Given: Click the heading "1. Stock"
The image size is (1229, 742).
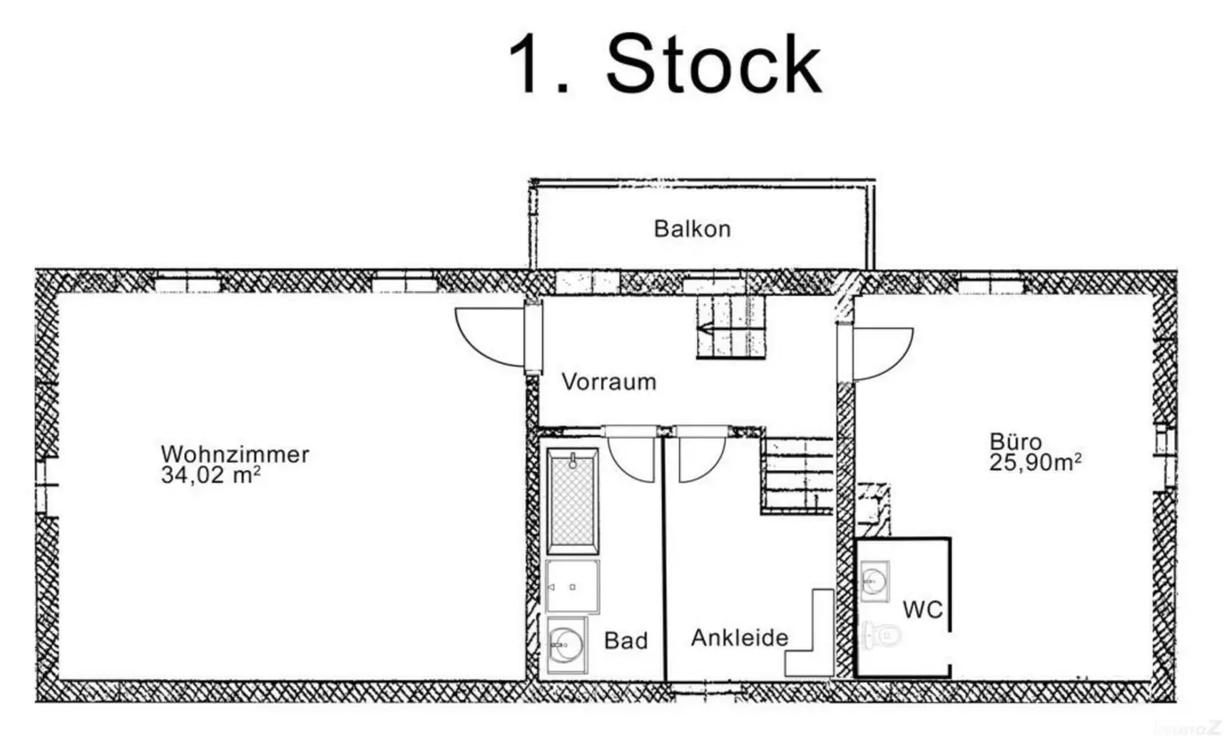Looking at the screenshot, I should click(x=665, y=65).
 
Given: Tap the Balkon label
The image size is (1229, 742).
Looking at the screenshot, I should click(x=692, y=229).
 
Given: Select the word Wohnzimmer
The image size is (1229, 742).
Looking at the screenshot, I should click(x=234, y=453).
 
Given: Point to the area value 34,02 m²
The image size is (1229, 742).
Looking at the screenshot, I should click(x=210, y=476).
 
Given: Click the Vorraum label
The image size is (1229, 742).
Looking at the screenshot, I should click(x=609, y=381).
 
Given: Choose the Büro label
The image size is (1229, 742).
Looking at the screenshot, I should click(x=1015, y=441).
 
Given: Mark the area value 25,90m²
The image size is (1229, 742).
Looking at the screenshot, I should click(x=1035, y=462).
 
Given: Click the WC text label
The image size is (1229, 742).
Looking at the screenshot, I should click(x=923, y=610).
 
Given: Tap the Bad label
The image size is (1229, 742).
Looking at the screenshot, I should click(x=626, y=640).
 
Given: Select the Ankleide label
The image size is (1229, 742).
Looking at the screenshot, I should click(x=739, y=637).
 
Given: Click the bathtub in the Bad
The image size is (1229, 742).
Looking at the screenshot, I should click(x=572, y=501).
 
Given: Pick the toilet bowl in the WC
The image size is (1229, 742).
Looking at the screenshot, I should click(x=881, y=636).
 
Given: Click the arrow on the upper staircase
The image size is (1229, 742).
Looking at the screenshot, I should click(x=707, y=328).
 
